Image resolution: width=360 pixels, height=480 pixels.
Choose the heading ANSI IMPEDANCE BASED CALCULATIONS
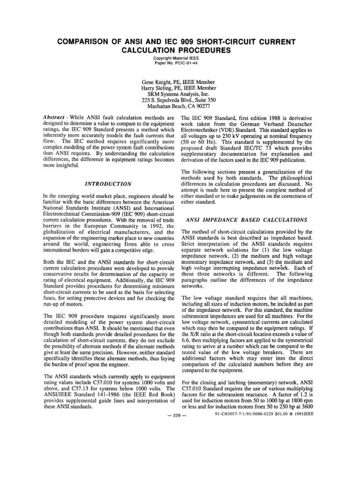click(247, 219)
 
